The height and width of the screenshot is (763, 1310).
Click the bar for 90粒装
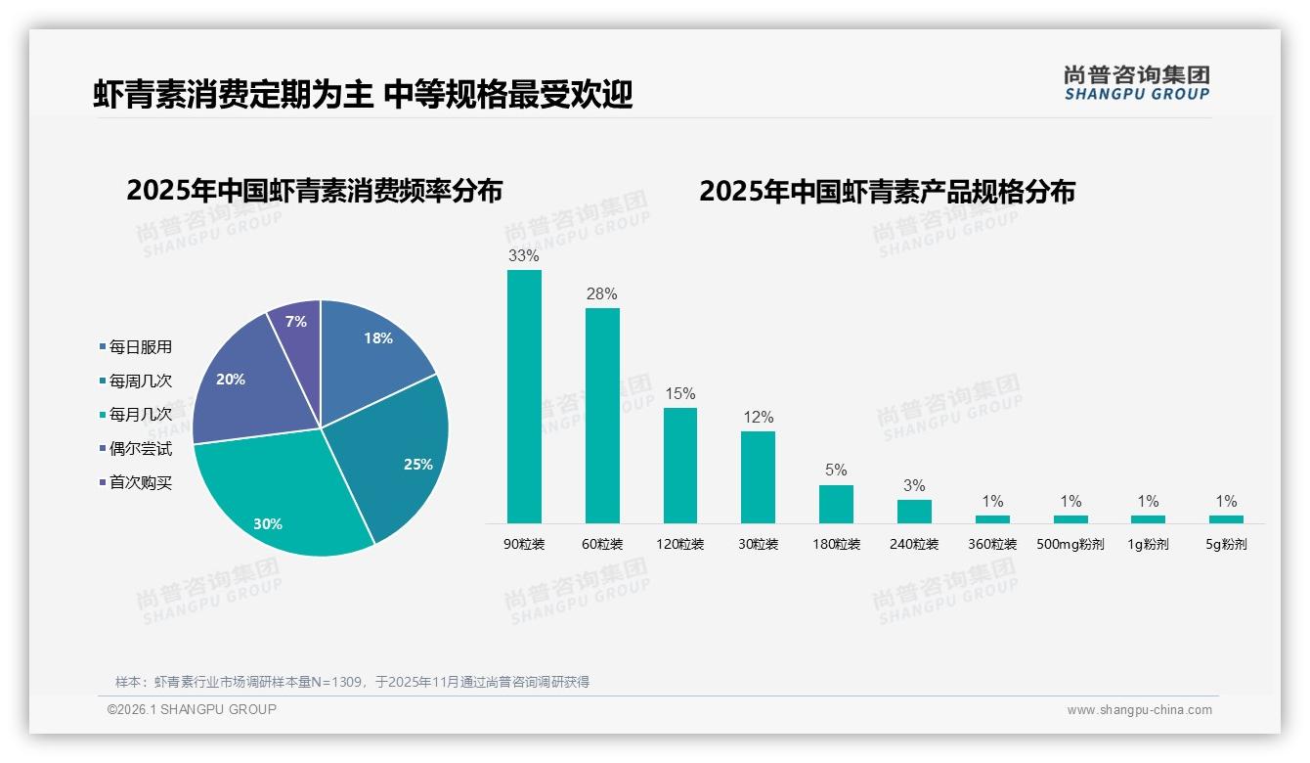tap(524, 396)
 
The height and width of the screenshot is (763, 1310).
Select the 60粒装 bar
tap(602, 416)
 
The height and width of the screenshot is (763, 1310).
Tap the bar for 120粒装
tap(680, 465)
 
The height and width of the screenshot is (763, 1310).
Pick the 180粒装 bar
tap(836, 504)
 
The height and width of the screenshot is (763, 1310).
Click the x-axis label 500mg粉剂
tap(1070, 545)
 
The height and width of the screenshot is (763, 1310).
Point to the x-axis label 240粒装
tap(914, 545)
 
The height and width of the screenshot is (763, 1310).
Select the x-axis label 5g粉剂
tap(1226, 545)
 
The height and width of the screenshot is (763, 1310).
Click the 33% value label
tap(524, 256)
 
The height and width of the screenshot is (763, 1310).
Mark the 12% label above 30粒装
tap(758, 418)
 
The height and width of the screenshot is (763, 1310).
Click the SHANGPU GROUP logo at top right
tap(1136, 83)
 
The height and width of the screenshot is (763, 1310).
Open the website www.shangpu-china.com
tap(1139, 710)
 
